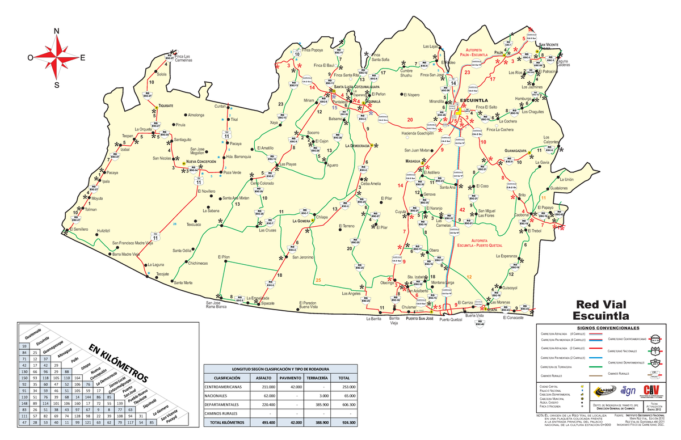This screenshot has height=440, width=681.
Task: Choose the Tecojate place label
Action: click(x=163, y=274)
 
